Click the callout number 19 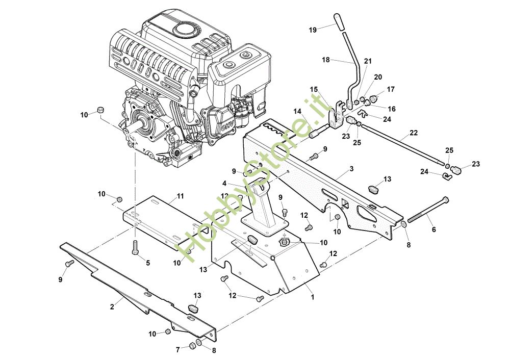tap(313, 30)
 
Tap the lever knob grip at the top tap(339, 22)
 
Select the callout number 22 tap(414, 133)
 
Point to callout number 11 tap(180, 196)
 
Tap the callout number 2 tap(112, 306)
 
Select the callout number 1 tap(313, 297)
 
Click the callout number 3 tap(351, 169)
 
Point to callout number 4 tap(224, 184)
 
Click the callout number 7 tap(177, 350)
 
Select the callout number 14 tap(297, 112)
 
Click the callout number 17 tap(391, 89)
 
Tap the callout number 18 tap(325, 60)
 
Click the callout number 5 tap(148, 263)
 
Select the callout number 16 tap(392, 109)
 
